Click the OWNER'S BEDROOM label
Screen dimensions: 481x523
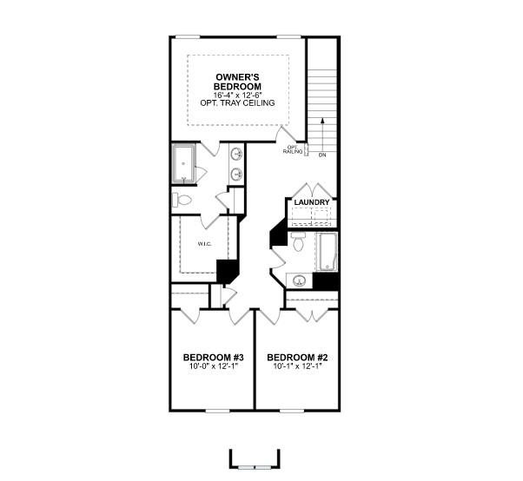tap(238, 82)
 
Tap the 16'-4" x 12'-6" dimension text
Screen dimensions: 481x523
tap(238, 95)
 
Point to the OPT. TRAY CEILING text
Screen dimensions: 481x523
tap(238, 103)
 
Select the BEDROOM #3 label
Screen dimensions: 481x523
tap(213, 357)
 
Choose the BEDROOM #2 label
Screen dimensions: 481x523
tap(296, 357)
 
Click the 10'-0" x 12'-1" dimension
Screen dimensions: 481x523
tap(213, 366)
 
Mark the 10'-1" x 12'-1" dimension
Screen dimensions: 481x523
tap(296, 366)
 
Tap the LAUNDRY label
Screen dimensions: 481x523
tap(311, 202)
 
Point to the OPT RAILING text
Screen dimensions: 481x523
tap(293, 150)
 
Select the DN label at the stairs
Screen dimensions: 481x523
tap(321, 155)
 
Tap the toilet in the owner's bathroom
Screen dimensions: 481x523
tap(182, 201)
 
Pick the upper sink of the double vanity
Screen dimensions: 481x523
tap(236, 154)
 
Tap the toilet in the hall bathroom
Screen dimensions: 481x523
tap(299, 244)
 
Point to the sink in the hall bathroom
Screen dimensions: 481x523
tap(300, 280)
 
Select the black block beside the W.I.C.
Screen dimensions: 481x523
tap(227, 271)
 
